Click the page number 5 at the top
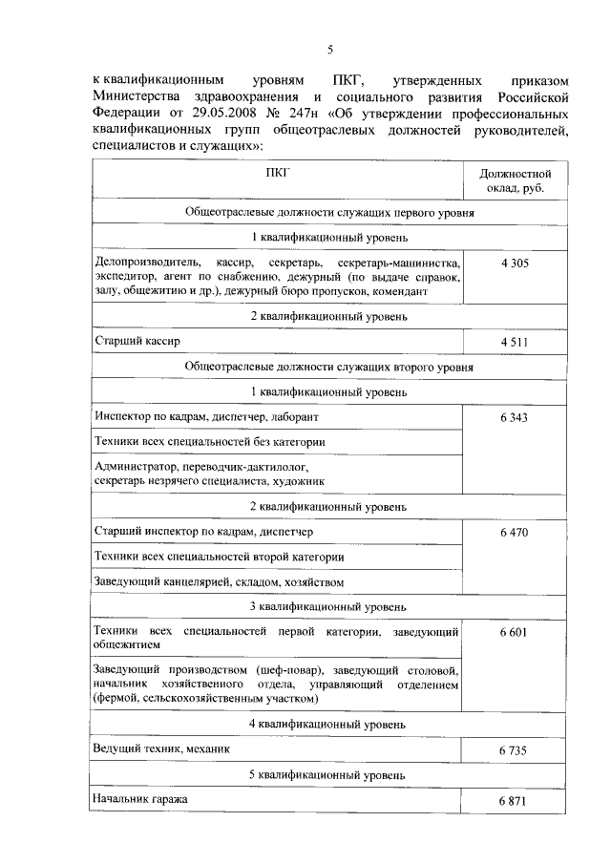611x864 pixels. click(329, 51)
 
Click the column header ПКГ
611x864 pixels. click(277, 172)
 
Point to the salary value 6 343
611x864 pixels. click(514, 418)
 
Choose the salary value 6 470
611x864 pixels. click(514, 532)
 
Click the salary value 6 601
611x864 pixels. click(514, 632)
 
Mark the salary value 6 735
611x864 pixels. click(514, 751)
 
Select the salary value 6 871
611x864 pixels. click(514, 800)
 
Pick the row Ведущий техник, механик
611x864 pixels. click(162, 749)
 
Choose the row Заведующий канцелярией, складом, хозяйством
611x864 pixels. click(219, 581)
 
